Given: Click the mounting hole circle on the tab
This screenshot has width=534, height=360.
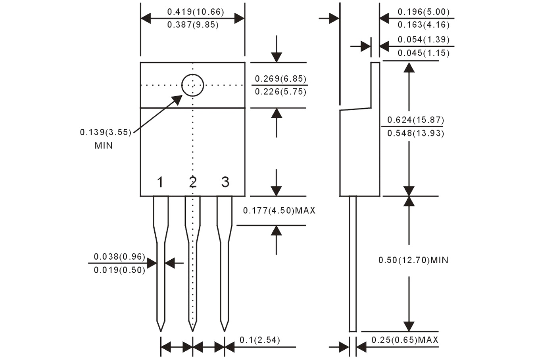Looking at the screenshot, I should tap(192, 85).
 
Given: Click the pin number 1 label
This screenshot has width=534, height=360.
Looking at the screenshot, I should tap(160, 182).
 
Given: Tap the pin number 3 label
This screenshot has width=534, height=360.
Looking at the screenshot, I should tap(225, 182).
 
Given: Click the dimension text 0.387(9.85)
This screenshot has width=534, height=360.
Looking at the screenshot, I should tap(193, 25).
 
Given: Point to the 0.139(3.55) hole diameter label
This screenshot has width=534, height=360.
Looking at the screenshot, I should tap(106, 132).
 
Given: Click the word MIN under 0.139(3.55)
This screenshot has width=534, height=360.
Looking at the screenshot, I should tap(104, 146).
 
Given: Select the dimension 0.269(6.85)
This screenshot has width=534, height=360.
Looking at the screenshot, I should tap(280, 79).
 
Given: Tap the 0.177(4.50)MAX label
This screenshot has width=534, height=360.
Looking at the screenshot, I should tap(279, 211).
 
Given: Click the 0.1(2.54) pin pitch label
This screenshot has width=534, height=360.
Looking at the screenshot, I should tap(260, 340).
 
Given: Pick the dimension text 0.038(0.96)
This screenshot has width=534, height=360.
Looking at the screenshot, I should tap(119, 257).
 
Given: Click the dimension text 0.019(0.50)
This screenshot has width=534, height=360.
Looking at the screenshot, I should tap(119, 270).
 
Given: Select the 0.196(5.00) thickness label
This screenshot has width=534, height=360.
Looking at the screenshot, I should tap(424, 12).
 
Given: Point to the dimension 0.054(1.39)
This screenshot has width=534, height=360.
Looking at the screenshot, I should tap(424, 39).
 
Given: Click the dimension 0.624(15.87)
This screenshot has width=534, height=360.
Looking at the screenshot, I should tap(415, 120).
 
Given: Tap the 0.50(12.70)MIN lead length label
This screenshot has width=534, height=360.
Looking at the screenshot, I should tap(413, 260).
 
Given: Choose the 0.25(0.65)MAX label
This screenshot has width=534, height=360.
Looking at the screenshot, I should tap(405, 340).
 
